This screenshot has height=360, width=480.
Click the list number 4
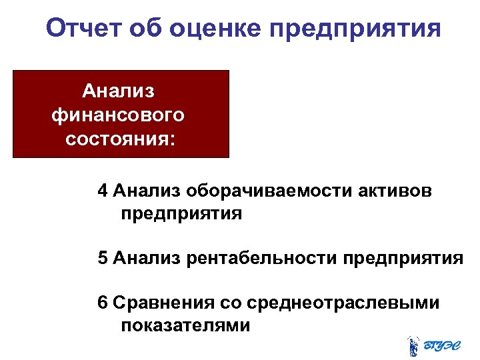tap(102, 191)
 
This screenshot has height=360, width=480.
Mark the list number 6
tap(102, 303)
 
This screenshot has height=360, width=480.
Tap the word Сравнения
tap(163, 303)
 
